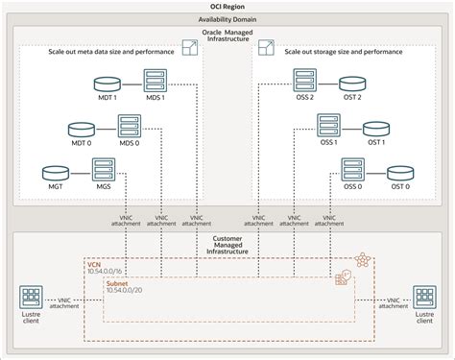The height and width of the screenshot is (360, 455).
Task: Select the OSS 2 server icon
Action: (303, 78)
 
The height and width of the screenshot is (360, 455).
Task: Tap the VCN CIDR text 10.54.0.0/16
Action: (106, 274)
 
